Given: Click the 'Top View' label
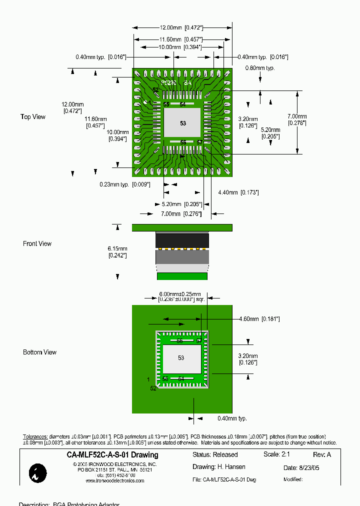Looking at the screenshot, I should click(x=33, y=117).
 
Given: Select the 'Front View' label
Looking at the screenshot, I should click(x=37, y=244).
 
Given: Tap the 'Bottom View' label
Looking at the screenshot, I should click(x=39, y=352).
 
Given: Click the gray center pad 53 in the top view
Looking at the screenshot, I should click(x=182, y=123).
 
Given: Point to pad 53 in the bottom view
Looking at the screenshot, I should click(x=181, y=358).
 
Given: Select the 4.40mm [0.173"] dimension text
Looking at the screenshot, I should click(x=238, y=192).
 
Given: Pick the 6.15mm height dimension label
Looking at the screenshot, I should click(x=117, y=252).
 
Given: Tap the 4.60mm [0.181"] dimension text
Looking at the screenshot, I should click(x=259, y=319).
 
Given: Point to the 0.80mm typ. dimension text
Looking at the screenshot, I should click(x=260, y=68).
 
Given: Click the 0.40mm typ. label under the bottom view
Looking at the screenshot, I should click(x=232, y=418).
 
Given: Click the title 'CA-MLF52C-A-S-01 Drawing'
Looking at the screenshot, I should click(x=112, y=455).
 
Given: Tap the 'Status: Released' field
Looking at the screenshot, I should click(x=215, y=455).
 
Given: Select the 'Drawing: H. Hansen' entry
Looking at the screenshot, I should click(x=219, y=467).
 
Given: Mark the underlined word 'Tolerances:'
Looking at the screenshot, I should click(x=35, y=436).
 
